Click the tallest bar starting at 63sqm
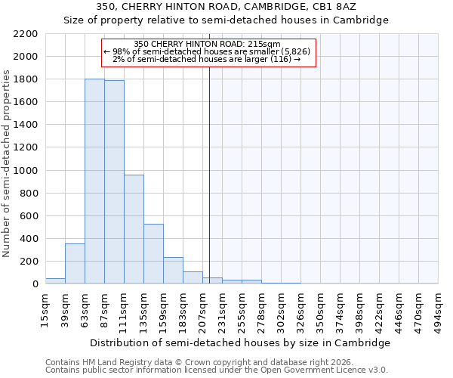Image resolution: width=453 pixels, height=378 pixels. tap(94, 181)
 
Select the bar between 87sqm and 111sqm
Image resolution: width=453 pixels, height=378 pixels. tap(114, 182)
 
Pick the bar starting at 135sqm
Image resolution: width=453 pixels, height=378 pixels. tap(153, 254)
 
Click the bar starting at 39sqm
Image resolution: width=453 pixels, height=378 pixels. tap(75, 264)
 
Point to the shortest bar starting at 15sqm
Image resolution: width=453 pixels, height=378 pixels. tap(55, 281)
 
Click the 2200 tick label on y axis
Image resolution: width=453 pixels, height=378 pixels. tap(25, 34)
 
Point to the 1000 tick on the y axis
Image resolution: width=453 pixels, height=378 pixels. tap(25, 171)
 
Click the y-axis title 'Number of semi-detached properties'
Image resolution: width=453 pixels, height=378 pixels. tap(8, 163)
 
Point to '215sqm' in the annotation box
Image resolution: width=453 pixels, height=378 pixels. tap(265, 45)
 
